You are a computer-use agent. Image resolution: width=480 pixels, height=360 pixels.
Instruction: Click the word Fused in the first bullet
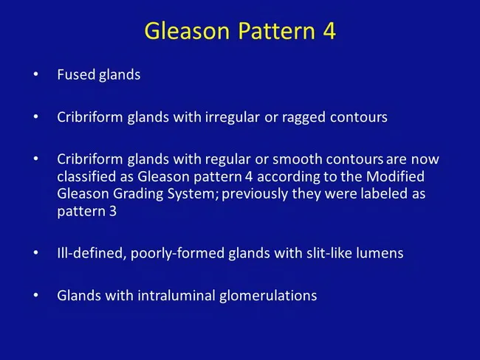(75, 75)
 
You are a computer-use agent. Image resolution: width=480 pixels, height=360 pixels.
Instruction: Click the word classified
(86, 178)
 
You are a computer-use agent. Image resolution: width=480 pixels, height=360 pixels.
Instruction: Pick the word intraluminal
(170, 296)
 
